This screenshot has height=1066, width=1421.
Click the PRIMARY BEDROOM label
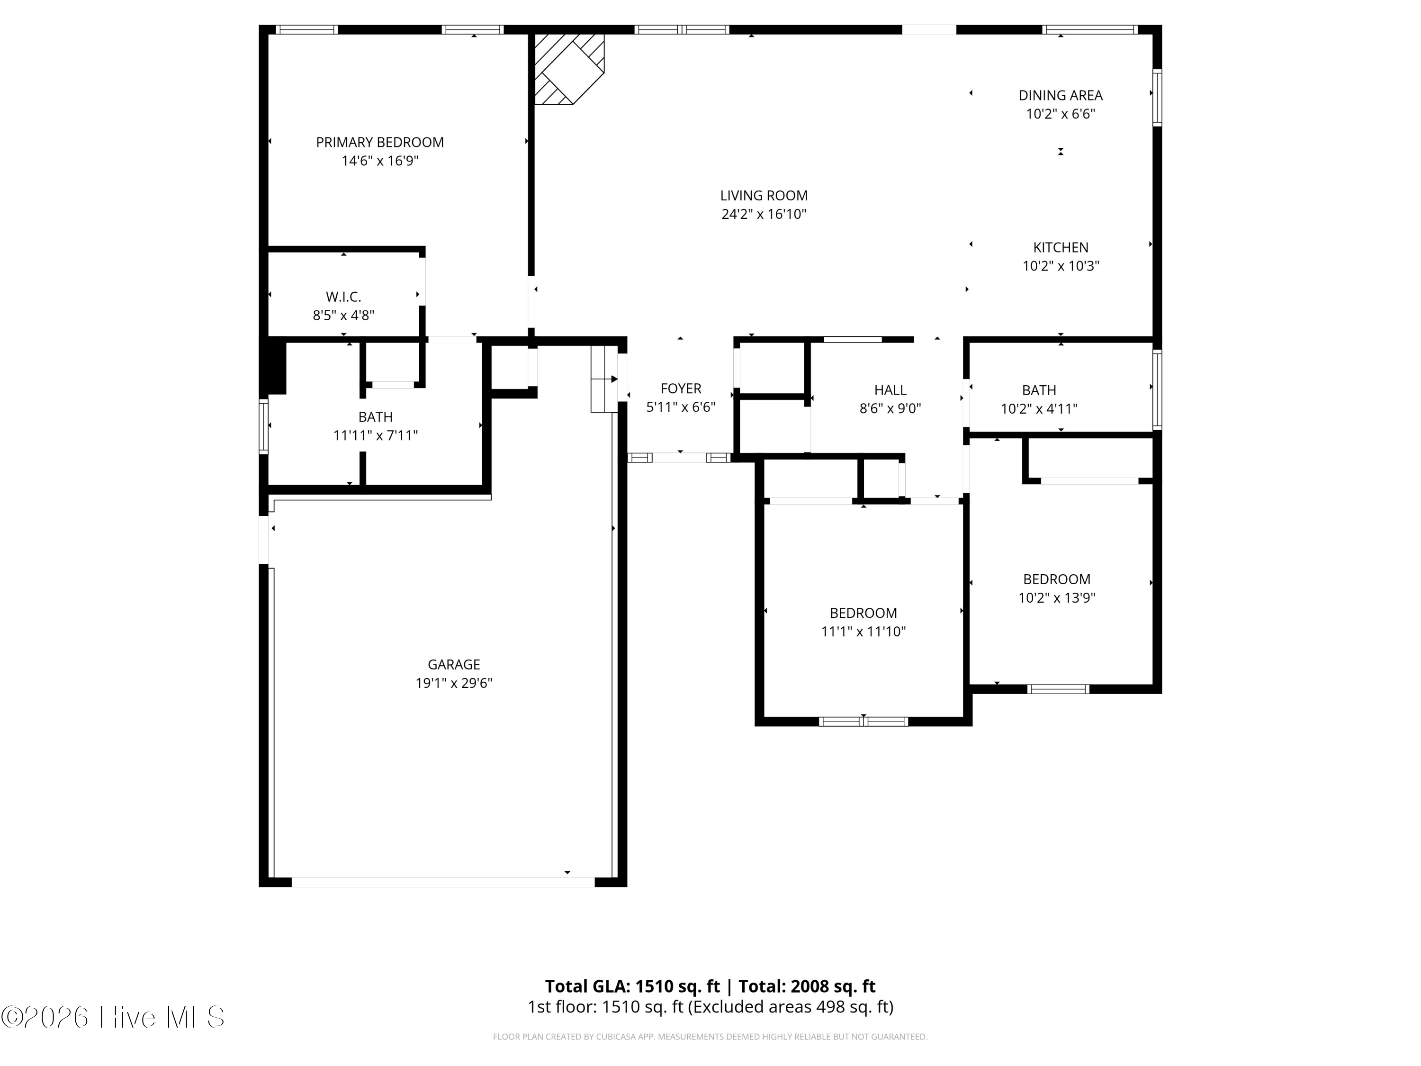(x=380, y=142)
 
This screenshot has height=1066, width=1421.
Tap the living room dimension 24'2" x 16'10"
(x=764, y=214)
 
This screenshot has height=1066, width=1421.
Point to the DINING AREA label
(x=1061, y=95)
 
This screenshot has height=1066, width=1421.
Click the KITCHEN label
(x=1061, y=247)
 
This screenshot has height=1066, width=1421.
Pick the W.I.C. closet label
(x=344, y=297)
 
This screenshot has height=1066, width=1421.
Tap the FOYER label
(x=681, y=389)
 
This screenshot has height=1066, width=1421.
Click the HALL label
(x=890, y=390)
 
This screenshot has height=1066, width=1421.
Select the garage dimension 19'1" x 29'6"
(x=454, y=683)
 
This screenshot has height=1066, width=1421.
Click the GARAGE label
(x=454, y=664)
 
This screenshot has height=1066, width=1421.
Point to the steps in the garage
(x=604, y=379)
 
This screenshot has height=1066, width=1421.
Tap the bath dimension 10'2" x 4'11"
(x=1039, y=409)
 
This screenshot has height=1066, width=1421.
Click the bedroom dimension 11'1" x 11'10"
(x=863, y=632)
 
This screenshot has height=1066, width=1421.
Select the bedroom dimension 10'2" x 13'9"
(x=1057, y=597)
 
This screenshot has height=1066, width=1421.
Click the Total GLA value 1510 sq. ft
(x=678, y=986)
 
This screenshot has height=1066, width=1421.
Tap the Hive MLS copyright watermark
(x=113, y=1017)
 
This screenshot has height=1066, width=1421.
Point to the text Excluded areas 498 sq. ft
(x=791, y=1007)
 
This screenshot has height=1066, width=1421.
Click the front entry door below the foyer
(x=679, y=458)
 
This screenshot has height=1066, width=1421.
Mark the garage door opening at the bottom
(x=443, y=882)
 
